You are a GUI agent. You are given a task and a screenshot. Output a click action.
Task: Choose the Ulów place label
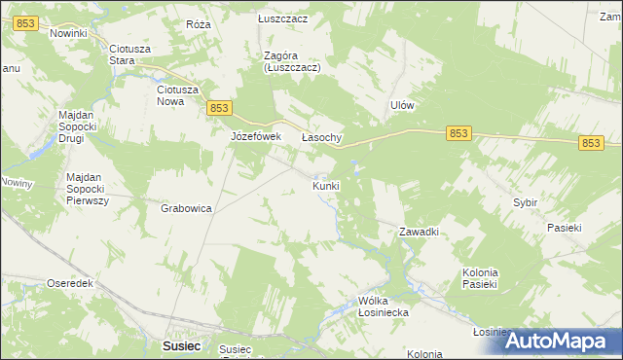[x=402, y=105]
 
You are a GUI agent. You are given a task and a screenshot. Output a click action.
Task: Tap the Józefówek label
[x=255, y=137]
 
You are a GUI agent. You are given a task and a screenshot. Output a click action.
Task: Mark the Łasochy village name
[x=321, y=138]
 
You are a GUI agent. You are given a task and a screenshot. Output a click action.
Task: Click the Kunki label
[x=326, y=185]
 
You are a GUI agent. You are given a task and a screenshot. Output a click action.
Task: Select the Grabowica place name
[x=187, y=208]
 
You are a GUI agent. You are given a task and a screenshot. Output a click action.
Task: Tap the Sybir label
[x=526, y=202]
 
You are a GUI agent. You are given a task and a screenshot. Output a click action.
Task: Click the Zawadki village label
[x=421, y=232]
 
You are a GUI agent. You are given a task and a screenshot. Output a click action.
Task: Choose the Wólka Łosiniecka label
[x=383, y=307]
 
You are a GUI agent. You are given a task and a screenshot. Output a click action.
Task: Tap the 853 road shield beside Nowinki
[x=27, y=23]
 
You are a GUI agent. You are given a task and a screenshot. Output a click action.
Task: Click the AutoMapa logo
[x=558, y=341]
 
